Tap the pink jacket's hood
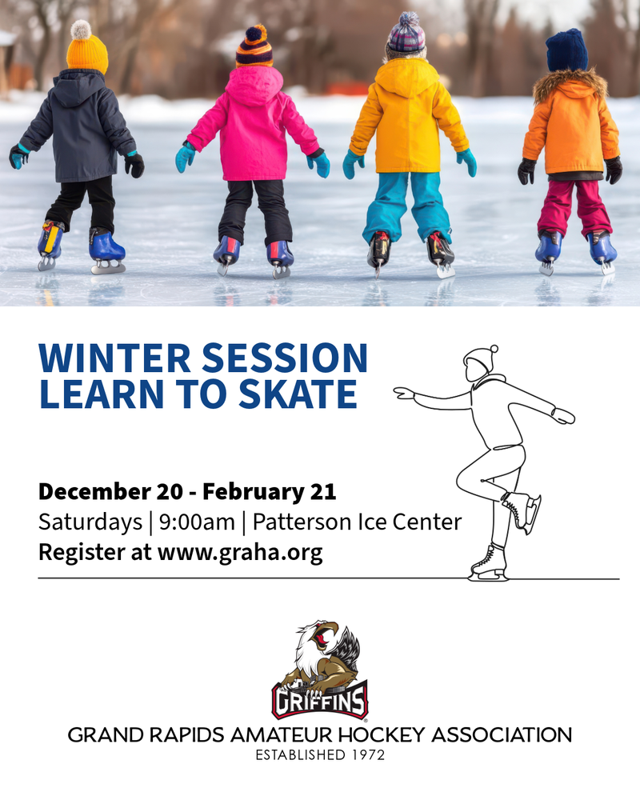(x=254, y=84)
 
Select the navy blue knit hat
(x=566, y=50)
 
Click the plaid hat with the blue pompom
(x=406, y=34)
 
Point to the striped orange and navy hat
(x=254, y=46)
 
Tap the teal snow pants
(x=407, y=206)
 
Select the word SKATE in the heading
(x=298, y=394)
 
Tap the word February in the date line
(x=253, y=492)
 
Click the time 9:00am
(x=197, y=522)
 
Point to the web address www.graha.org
(x=240, y=553)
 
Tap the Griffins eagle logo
(x=320, y=670)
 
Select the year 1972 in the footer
(x=368, y=755)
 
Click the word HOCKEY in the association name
(x=382, y=735)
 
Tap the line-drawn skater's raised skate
(x=522, y=512)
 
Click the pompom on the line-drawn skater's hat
(x=494, y=349)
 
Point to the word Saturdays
(x=90, y=522)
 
